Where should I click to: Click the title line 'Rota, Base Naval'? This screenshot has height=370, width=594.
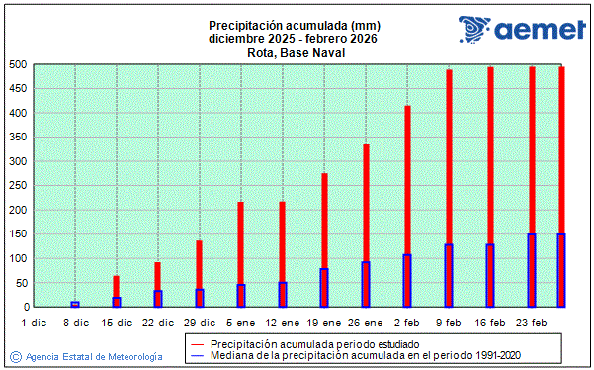[x=294, y=52]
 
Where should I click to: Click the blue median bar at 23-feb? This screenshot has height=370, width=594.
[x=532, y=270]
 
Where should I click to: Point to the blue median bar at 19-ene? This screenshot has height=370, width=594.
[x=323, y=288]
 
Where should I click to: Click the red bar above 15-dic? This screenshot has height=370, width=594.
[x=116, y=286]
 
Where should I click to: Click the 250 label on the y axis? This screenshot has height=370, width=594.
[x=16, y=186]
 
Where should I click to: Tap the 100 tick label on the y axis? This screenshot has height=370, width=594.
[x=16, y=258]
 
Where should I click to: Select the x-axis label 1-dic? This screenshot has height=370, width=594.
[x=34, y=322]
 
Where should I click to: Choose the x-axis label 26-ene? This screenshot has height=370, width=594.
[x=366, y=322]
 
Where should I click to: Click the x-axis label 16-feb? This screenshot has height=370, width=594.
[x=490, y=322]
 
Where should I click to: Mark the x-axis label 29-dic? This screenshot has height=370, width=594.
[x=200, y=322]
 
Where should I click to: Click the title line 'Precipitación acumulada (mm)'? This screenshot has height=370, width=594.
[x=294, y=25]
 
